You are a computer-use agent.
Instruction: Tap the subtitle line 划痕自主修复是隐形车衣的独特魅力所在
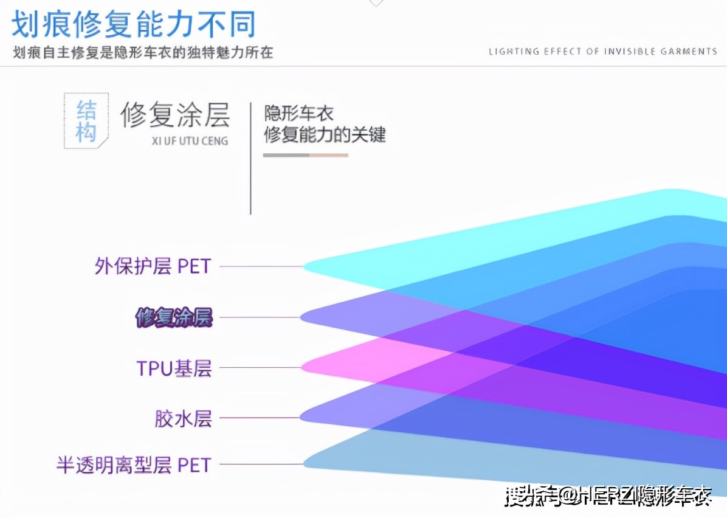(x=143, y=53)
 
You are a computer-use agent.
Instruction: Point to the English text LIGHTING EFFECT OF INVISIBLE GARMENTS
(x=602, y=52)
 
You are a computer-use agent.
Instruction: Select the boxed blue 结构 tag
(x=86, y=121)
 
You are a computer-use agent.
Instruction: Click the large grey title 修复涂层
(x=175, y=114)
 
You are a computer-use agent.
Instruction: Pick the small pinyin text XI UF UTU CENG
(x=190, y=141)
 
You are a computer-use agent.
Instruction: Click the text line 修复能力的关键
(x=325, y=134)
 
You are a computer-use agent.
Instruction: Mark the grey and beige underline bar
(x=305, y=155)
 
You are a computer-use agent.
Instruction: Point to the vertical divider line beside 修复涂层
(x=250, y=158)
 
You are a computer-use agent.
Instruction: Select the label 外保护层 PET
(x=153, y=266)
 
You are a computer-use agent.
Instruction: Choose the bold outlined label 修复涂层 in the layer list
(x=174, y=317)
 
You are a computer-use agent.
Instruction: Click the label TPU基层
(x=174, y=368)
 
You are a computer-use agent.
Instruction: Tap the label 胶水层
(x=183, y=418)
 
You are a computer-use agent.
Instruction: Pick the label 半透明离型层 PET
(x=134, y=465)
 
